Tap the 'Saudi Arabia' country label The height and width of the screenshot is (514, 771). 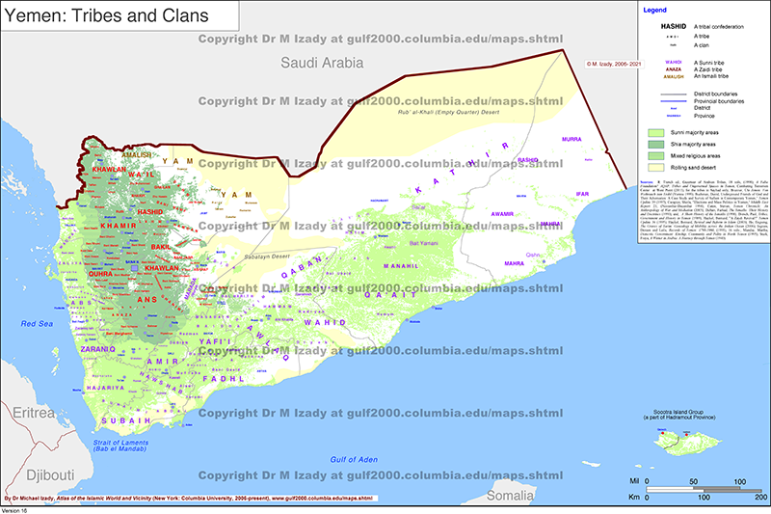322,63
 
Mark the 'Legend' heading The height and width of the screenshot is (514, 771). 654,10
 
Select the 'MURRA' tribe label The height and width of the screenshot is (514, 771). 572,139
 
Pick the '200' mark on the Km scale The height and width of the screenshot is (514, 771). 760,498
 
